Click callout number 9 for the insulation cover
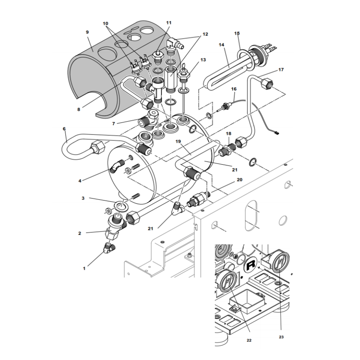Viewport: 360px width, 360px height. tap(87, 32)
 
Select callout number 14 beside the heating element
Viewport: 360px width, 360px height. tap(221, 45)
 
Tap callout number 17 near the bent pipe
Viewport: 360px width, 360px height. tap(281, 70)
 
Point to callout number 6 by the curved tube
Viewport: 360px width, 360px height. tap(64, 129)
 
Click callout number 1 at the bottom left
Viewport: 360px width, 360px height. tap(84, 268)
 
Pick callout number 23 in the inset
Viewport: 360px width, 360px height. tap(281, 337)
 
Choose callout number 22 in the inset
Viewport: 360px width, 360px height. tap(249, 340)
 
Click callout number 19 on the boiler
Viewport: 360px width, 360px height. tap(178, 142)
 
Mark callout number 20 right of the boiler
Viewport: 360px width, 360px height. tap(239, 180)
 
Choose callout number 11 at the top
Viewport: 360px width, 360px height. tap(169, 22)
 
